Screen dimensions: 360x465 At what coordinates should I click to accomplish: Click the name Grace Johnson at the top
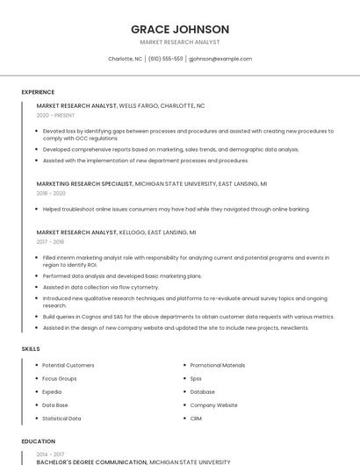click(x=180, y=29)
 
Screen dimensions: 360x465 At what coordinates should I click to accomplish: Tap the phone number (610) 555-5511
click(x=166, y=59)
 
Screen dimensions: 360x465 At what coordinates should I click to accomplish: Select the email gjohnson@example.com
click(x=220, y=59)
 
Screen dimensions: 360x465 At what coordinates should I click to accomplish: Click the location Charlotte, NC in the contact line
click(x=125, y=59)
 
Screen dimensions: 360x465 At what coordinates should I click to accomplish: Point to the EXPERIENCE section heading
click(x=38, y=92)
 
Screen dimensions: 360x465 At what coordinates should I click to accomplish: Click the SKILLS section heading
click(x=31, y=348)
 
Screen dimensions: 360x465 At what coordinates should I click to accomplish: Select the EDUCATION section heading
click(x=38, y=441)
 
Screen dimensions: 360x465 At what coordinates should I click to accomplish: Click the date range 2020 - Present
click(x=55, y=115)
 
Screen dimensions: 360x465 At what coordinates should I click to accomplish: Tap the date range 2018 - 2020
click(x=51, y=193)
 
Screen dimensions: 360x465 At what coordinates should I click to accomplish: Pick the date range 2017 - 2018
click(x=50, y=241)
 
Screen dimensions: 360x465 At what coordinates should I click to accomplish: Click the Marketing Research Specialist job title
click(x=84, y=184)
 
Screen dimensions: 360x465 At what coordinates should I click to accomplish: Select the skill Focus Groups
click(x=60, y=378)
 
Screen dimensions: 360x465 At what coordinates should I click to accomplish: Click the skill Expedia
click(x=52, y=391)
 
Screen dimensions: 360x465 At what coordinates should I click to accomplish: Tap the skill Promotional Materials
click(x=218, y=365)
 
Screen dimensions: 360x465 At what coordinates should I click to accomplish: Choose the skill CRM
click(x=196, y=418)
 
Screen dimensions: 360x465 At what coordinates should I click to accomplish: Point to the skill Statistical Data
click(x=61, y=418)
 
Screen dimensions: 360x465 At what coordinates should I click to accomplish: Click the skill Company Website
click(x=213, y=405)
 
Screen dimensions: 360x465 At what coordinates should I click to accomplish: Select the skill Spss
click(x=196, y=378)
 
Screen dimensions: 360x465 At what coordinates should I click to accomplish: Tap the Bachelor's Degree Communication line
click(x=92, y=461)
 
